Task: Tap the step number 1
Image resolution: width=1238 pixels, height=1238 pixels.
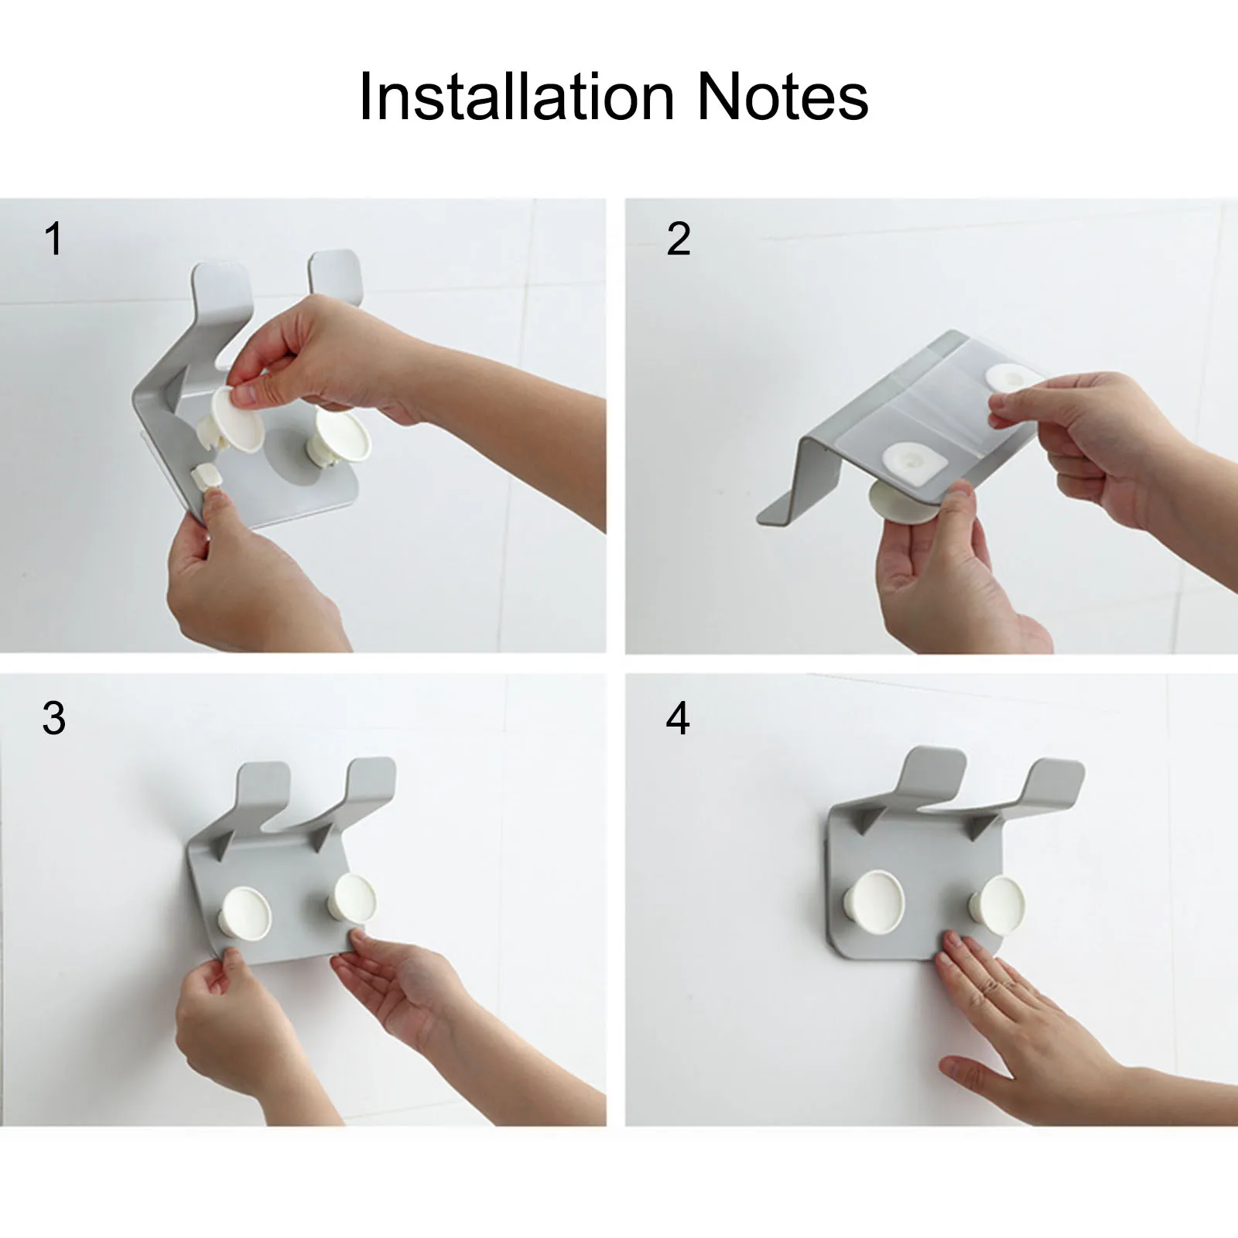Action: (x=53, y=238)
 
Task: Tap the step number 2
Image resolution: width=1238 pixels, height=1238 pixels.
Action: (x=678, y=238)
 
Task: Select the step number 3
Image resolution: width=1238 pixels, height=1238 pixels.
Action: (x=53, y=719)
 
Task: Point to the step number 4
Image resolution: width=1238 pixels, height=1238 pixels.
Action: (x=678, y=719)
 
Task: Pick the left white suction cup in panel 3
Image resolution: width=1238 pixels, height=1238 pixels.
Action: (x=246, y=911)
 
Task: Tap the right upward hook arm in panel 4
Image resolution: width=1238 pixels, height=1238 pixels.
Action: (x=1056, y=781)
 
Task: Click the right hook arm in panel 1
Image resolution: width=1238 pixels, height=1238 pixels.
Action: (x=335, y=274)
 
